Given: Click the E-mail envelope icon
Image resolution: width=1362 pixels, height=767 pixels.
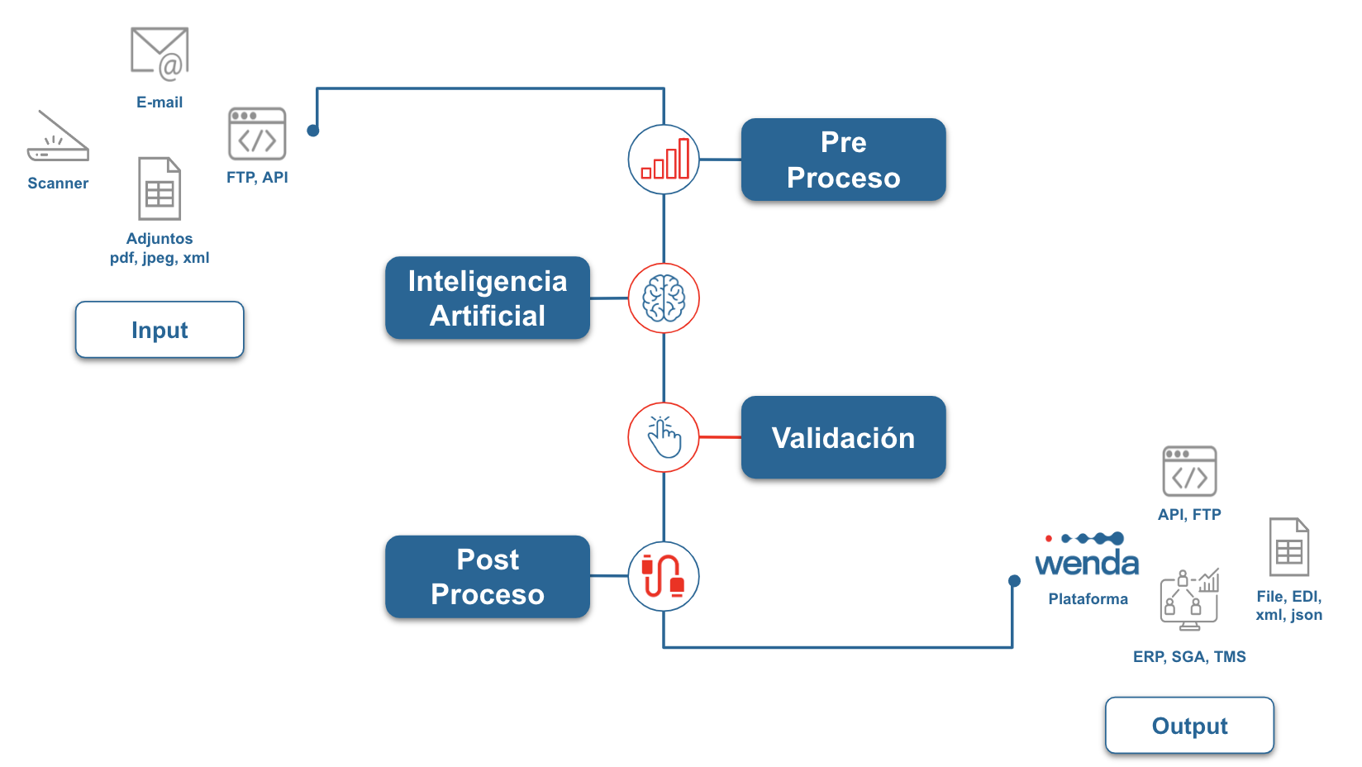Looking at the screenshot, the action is [160, 54].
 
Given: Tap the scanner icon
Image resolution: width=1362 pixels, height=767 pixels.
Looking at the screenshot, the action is [58, 136].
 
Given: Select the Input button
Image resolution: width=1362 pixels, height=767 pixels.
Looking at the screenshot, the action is [160, 330].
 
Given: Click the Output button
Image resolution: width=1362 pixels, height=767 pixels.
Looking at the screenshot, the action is [1189, 726].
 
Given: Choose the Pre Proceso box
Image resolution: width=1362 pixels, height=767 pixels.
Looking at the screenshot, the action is [843, 160].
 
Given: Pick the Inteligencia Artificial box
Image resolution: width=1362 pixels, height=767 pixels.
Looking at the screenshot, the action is [488, 298].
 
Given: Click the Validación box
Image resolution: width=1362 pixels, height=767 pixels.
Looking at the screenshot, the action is [843, 437].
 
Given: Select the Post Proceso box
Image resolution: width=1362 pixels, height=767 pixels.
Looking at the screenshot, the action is [488, 577].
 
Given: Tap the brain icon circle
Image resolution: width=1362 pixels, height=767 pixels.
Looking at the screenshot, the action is [664, 298].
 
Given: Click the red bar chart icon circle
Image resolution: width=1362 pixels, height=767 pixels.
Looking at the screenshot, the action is [664, 160].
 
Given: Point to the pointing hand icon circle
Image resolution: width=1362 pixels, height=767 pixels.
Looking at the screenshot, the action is [664, 437].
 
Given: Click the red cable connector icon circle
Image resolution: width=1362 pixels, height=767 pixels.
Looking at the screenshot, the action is [664, 577].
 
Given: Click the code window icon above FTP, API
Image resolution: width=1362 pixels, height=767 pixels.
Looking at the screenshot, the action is [257, 134].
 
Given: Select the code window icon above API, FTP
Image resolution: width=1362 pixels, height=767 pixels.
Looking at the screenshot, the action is [1189, 471].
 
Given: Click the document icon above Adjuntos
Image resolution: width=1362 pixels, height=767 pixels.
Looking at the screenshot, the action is [160, 188].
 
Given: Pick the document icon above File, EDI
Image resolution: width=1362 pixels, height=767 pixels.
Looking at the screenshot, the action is [1289, 547].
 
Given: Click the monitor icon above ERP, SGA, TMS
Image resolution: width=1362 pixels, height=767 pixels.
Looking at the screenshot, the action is [1189, 600].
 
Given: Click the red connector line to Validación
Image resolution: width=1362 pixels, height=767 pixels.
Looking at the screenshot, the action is [721, 437].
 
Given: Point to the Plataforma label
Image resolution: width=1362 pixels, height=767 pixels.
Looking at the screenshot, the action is [1088, 599].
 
